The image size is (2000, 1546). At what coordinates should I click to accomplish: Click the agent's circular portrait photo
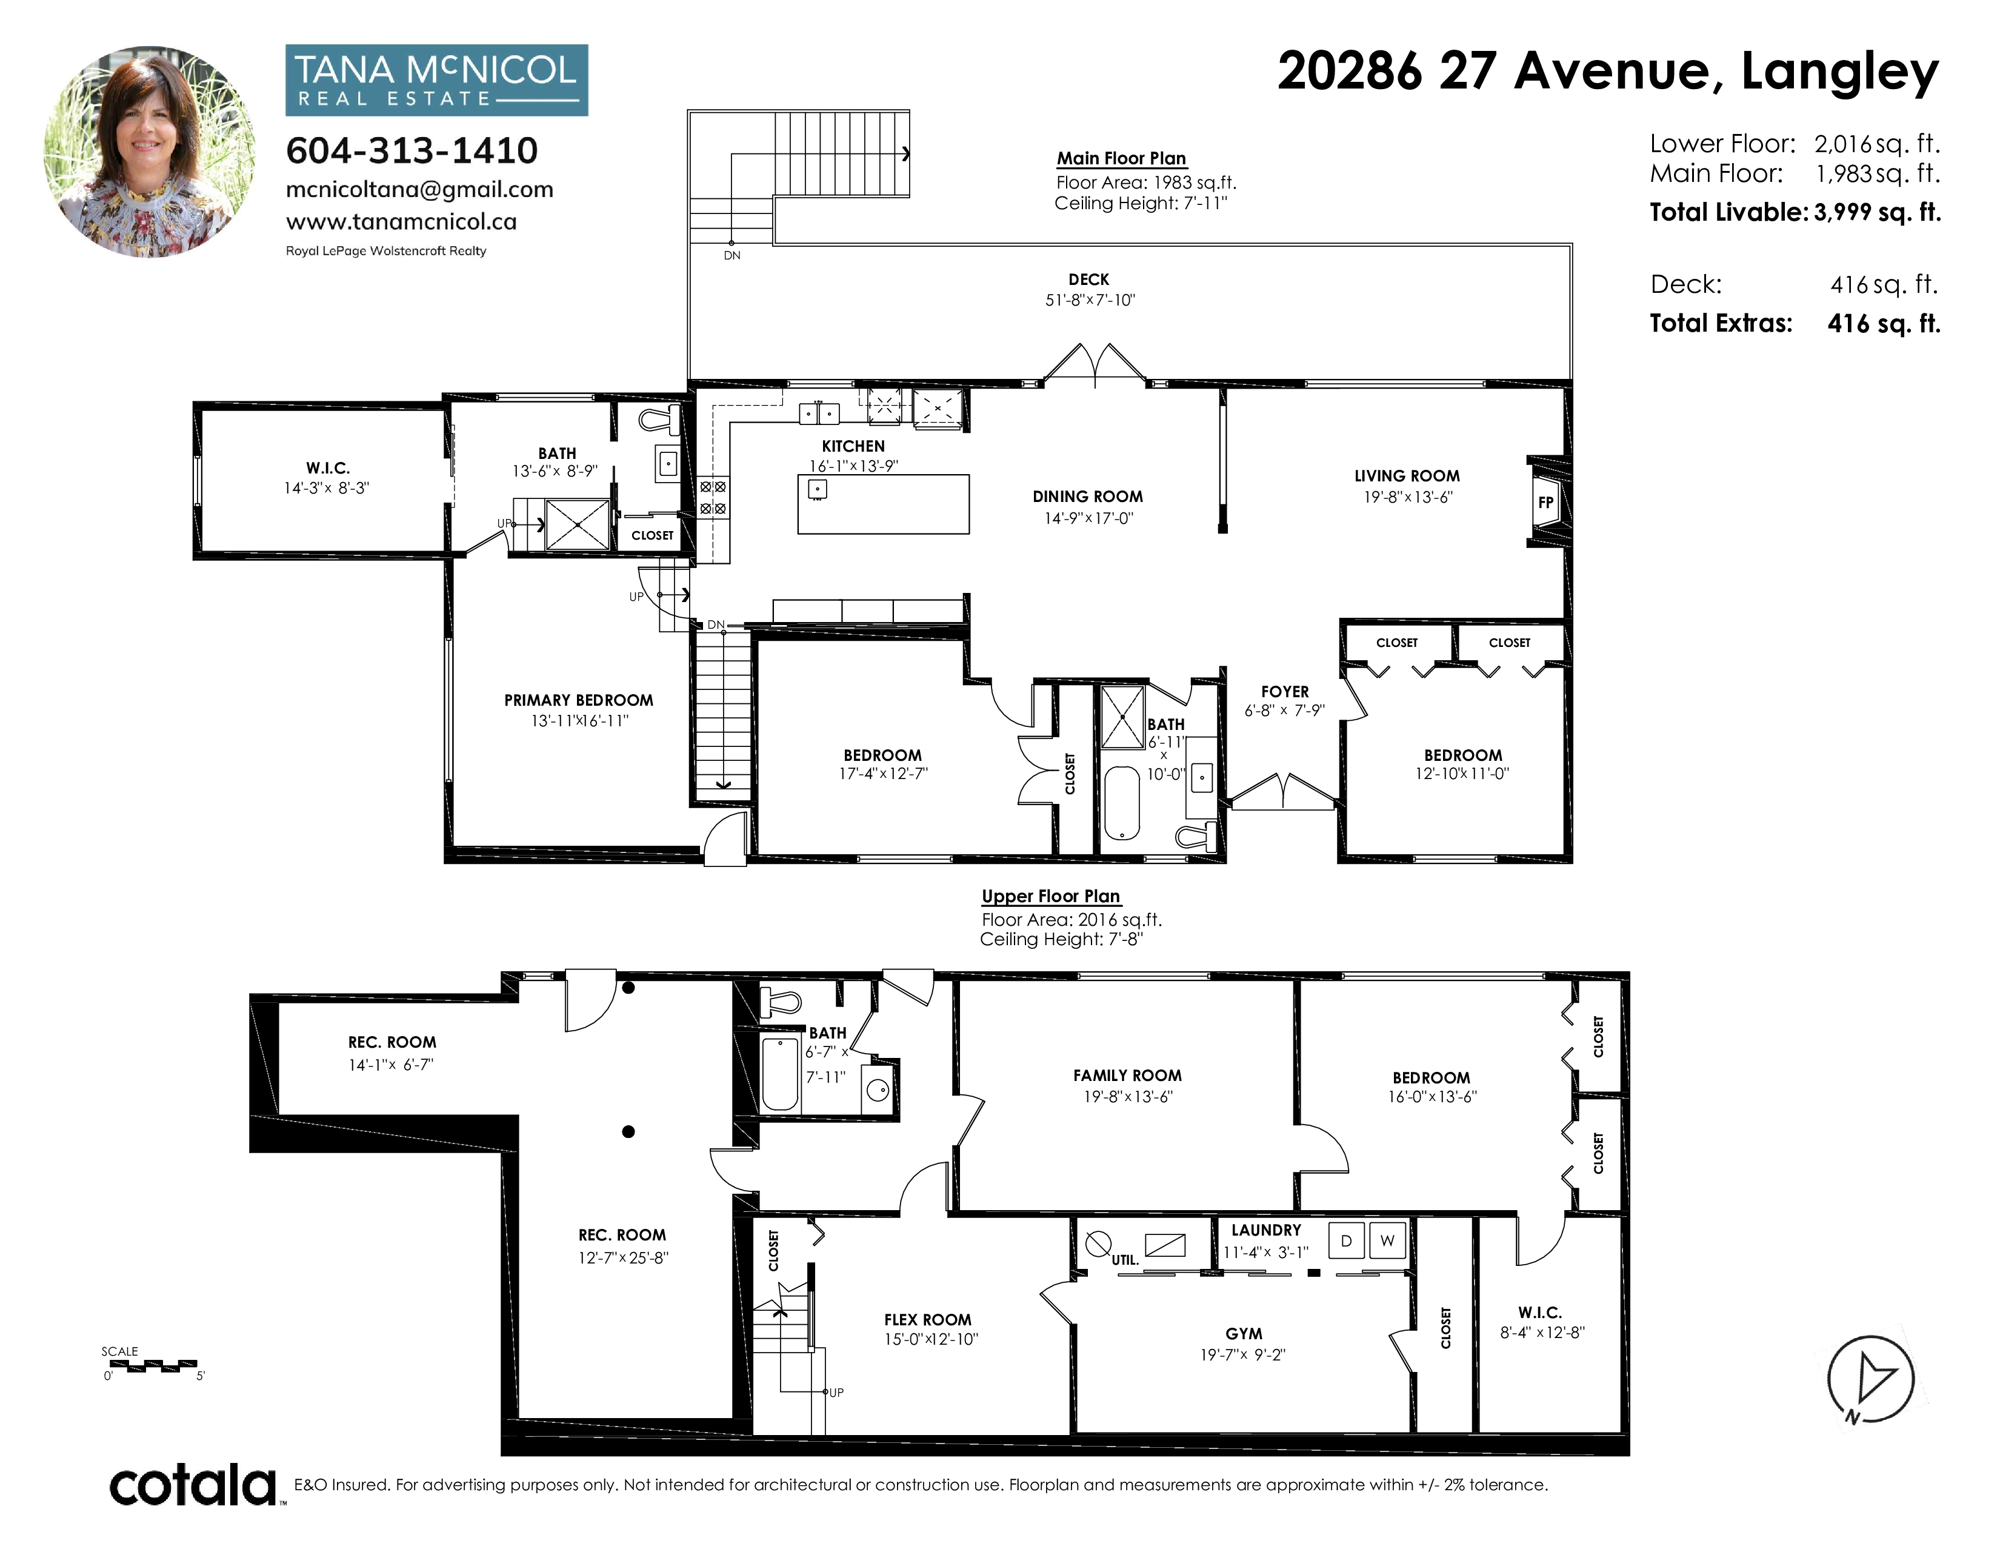[x=150, y=152]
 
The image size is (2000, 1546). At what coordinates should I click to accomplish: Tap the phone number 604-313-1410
[x=412, y=151]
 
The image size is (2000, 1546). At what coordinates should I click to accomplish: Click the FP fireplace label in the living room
[x=1546, y=502]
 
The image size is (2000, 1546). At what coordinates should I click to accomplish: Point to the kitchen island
[x=884, y=504]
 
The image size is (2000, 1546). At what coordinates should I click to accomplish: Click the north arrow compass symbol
[x=1870, y=1379]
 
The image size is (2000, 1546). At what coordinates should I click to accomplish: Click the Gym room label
[x=1244, y=1334]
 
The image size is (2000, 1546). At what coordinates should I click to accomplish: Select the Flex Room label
[x=928, y=1320]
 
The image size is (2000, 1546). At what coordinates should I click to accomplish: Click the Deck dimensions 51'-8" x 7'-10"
[x=1090, y=300]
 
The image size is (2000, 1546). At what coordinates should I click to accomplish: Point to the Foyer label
[x=1285, y=692]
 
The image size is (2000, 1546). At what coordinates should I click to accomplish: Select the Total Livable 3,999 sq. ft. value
[x=1878, y=212]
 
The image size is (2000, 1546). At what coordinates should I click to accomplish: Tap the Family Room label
[x=1127, y=1076]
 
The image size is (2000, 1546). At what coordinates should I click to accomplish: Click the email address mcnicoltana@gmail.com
[x=419, y=190]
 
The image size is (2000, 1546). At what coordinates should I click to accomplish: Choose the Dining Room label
[x=1088, y=497]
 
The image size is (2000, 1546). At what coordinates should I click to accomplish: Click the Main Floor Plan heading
[x=1122, y=158]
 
